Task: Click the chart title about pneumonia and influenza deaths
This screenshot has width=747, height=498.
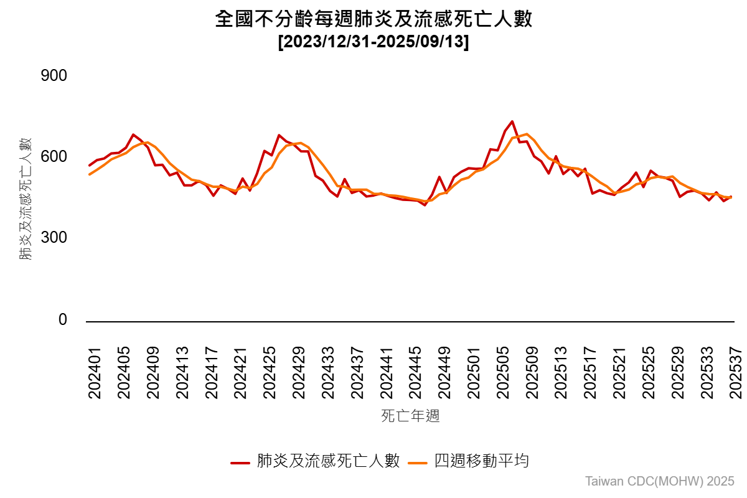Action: click(x=374, y=19)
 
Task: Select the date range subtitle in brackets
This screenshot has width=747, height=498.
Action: click(x=374, y=43)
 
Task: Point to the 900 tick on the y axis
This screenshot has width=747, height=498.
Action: click(x=54, y=76)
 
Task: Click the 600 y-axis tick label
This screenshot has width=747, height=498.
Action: click(x=54, y=157)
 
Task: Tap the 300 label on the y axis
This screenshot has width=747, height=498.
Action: click(x=54, y=238)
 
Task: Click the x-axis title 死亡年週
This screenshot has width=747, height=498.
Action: click(x=410, y=416)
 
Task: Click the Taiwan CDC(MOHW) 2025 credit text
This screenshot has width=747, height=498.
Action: click(x=660, y=481)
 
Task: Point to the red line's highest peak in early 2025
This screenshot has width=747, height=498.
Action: click(x=512, y=121)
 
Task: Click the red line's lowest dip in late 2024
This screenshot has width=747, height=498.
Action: click(x=425, y=205)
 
